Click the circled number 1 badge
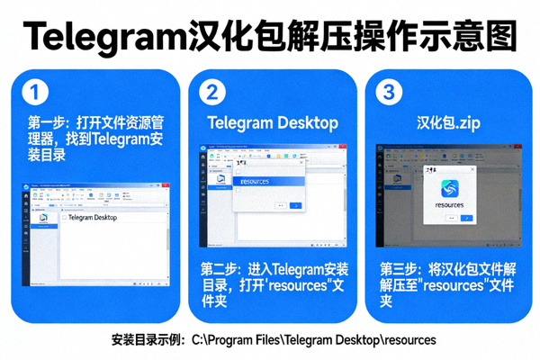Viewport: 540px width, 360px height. tap(33, 93)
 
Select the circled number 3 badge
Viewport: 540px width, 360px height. tap(388, 93)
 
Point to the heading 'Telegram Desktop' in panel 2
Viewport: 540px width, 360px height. tap(273, 122)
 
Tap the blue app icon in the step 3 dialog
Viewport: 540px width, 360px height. tap(452, 187)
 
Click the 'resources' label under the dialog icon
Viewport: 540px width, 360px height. tap(452, 206)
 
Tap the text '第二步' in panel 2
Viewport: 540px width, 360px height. tap(221, 268)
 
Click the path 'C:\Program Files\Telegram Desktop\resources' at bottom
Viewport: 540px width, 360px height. tap(313, 340)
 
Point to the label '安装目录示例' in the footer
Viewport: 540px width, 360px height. tap(144, 340)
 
